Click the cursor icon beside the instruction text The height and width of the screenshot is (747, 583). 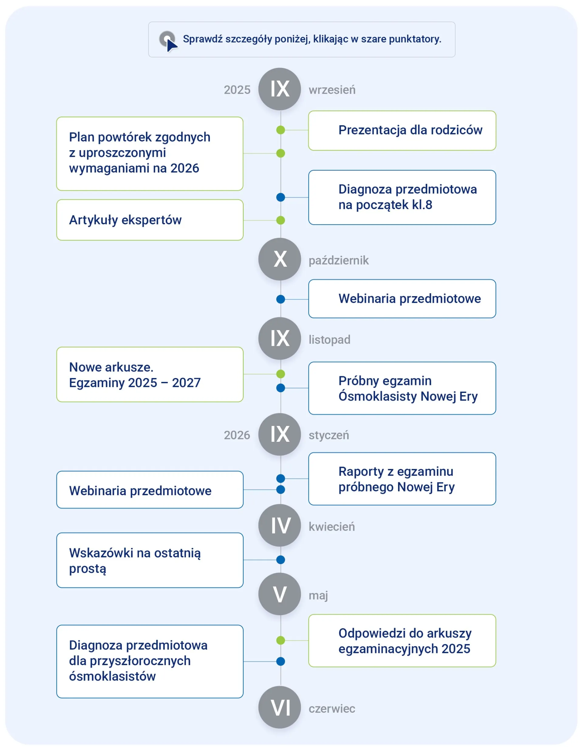click(x=168, y=41)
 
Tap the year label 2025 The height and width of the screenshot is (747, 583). click(x=237, y=90)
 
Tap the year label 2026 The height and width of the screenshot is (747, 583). click(x=237, y=435)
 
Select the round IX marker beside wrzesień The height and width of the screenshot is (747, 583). click(x=280, y=89)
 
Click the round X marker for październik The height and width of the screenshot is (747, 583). click(x=280, y=259)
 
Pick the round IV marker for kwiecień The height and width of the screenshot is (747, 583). click(x=280, y=526)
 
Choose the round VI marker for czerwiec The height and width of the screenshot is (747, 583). click(x=280, y=707)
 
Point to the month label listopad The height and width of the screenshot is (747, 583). click(x=329, y=340)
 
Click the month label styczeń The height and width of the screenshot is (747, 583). click(x=329, y=435)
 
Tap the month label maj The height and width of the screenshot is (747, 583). click(x=318, y=596)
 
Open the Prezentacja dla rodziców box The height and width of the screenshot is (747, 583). click(x=402, y=130)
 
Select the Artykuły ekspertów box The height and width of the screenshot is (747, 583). click(x=150, y=220)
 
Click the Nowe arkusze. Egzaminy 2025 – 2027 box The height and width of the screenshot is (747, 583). click(x=150, y=374)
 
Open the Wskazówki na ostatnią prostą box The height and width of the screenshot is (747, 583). click(x=150, y=560)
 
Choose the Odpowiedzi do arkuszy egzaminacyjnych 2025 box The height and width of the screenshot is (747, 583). click(x=402, y=641)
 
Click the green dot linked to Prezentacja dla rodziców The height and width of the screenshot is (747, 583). click(x=281, y=130)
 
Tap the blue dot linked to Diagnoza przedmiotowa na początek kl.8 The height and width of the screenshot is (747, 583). click(x=281, y=197)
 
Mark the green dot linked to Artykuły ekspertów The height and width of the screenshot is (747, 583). click(x=281, y=220)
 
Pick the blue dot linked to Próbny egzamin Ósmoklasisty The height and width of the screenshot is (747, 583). click(x=281, y=388)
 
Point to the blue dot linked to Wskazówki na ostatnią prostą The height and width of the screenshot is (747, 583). click(x=281, y=560)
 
